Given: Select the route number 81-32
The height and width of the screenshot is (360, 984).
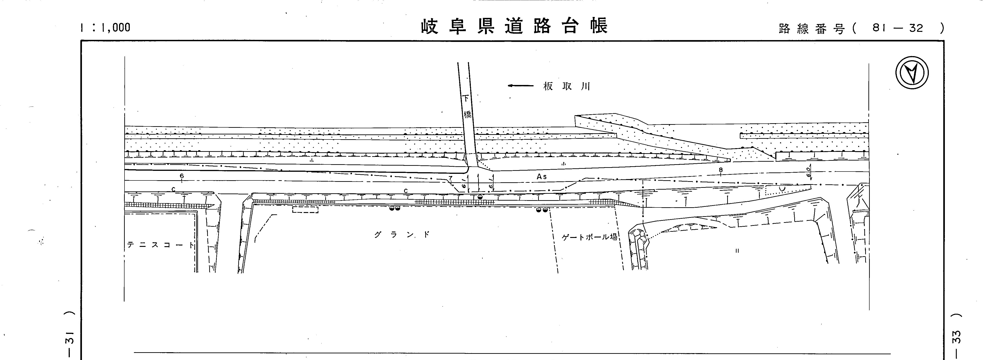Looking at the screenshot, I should (x=898, y=28).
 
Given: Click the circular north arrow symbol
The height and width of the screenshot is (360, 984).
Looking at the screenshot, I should (x=912, y=73).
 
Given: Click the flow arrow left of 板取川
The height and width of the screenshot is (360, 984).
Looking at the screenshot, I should (x=520, y=86).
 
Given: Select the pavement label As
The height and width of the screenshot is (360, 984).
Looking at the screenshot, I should (x=541, y=177).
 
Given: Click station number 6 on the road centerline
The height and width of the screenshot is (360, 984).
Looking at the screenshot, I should (x=182, y=176).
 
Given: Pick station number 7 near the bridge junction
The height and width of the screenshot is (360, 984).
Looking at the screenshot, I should (x=451, y=178).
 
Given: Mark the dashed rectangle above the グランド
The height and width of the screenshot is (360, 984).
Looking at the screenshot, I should (x=305, y=209).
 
